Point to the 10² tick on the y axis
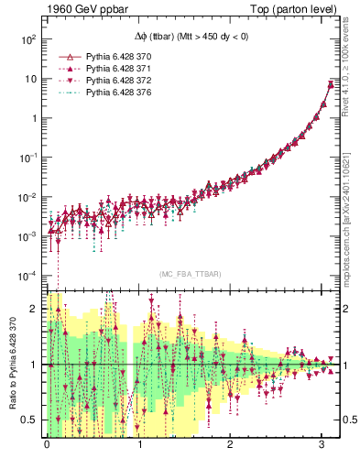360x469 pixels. (27, 40)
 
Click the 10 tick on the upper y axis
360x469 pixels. (29, 80)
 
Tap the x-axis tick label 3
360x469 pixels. (321, 444)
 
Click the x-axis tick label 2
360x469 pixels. (230, 444)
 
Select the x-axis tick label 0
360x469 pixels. (48, 444)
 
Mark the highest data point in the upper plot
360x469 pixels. (331, 84)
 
